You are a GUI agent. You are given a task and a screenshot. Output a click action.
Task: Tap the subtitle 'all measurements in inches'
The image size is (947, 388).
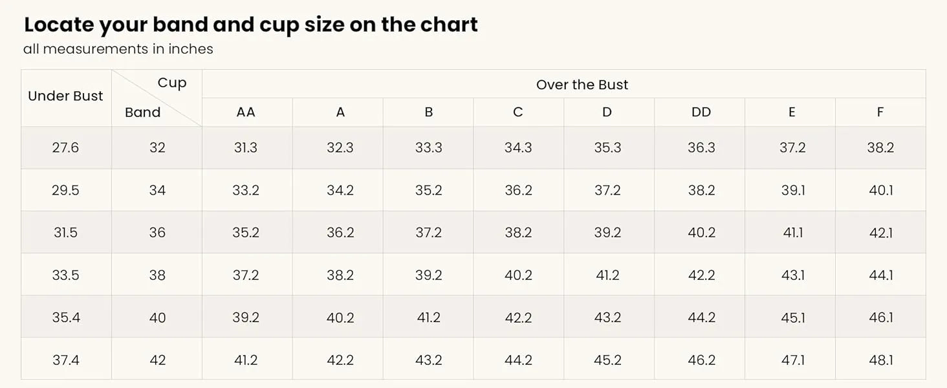tap(118, 49)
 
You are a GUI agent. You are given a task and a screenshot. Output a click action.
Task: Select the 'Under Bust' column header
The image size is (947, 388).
tap(65, 96)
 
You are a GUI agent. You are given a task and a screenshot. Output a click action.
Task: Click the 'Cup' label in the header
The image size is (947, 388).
tap(172, 83)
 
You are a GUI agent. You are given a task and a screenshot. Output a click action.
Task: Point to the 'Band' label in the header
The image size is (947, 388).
tap(142, 113)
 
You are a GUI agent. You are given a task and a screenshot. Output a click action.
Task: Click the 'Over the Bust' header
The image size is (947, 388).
tap(582, 85)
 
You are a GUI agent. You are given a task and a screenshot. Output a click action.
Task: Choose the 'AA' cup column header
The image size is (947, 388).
tap(246, 113)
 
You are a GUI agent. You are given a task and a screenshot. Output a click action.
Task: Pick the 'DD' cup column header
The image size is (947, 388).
tap(701, 113)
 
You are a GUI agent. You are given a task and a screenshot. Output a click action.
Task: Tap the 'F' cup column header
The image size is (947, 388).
tap(880, 113)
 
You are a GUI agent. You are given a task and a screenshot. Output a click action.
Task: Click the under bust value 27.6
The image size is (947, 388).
tap(65, 148)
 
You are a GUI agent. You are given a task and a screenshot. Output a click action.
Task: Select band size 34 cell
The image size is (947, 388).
tap(157, 190)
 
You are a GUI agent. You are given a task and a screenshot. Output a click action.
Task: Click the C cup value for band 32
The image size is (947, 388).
tap(518, 148)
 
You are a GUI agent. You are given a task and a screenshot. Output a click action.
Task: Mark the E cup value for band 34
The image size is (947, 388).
tap(793, 190)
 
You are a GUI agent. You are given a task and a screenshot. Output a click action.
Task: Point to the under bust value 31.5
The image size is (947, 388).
tap(65, 233)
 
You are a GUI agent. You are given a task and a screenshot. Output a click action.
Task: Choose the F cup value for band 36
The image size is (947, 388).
tap(881, 233)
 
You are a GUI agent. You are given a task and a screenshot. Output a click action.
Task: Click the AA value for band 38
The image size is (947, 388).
tap(246, 275)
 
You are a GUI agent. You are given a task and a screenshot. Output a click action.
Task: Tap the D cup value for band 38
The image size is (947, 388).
tap(607, 275)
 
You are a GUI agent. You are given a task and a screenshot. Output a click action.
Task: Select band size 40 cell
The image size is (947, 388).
tap(157, 318)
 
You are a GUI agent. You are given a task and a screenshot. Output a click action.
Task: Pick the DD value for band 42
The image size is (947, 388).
tap(701, 360)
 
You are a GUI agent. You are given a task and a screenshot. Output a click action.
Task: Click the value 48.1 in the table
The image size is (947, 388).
tap(881, 360)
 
